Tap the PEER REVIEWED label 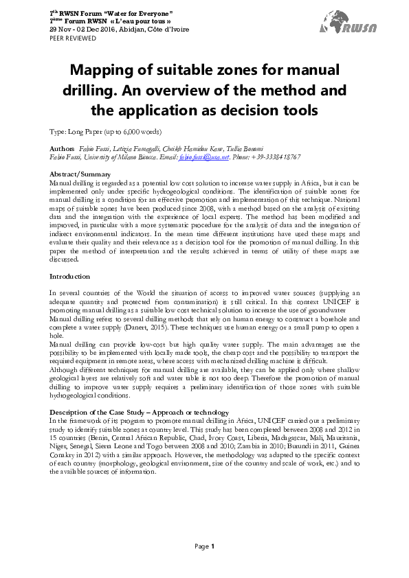pos(69,39)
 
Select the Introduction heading pos(70,276)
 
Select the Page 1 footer pos(205,546)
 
